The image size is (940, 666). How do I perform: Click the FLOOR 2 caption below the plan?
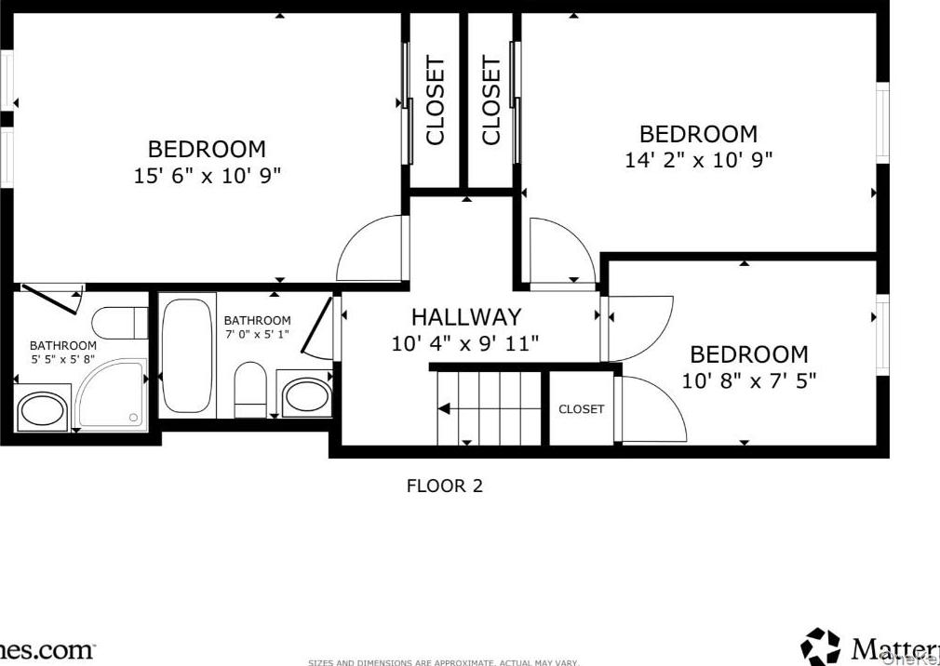pyautogui.click(x=445, y=486)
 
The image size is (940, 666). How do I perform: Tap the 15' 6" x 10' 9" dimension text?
pyautogui.click(x=208, y=176)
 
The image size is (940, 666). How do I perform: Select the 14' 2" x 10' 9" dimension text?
pyautogui.click(x=698, y=160)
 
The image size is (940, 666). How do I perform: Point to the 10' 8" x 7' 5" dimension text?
pyautogui.click(x=748, y=380)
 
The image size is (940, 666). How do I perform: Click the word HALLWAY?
pyautogui.click(x=466, y=318)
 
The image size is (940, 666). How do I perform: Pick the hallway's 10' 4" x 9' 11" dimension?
pyautogui.click(x=465, y=344)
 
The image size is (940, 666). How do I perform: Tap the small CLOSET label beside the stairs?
pyautogui.click(x=581, y=409)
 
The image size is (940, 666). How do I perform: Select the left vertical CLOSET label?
pyautogui.click(x=436, y=100)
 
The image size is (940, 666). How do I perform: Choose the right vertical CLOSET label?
pyautogui.click(x=491, y=100)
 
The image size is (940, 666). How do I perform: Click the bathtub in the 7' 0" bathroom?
pyautogui.click(x=189, y=355)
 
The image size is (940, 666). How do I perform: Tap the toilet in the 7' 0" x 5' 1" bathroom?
pyautogui.click(x=249, y=391)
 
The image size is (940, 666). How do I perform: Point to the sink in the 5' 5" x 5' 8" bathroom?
pyautogui.click(x=43, y=411)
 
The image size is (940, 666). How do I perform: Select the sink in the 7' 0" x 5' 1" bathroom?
pyautogui.click(x=305, y=394)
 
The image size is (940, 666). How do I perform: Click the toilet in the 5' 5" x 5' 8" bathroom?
pyautogui.click(x=121, y=323)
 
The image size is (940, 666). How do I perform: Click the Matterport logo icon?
pyautogui.click(x=820, y=646)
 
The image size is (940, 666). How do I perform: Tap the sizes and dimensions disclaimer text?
pyautogui.click(x=443, y=662)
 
